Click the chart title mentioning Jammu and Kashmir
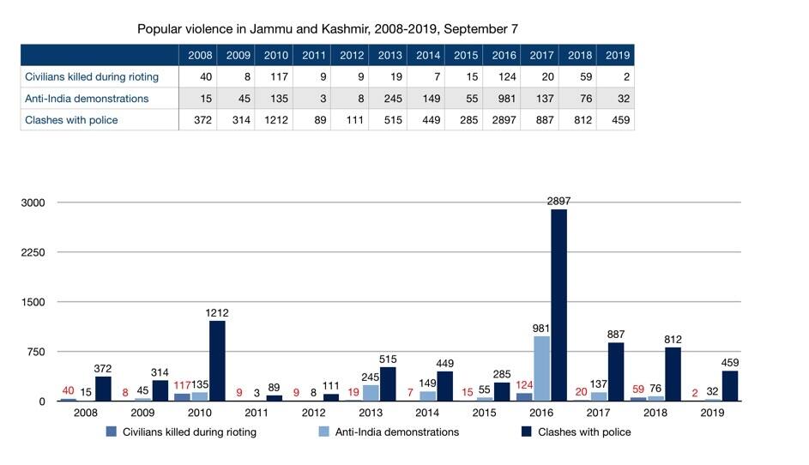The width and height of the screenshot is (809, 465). tap(327, 29)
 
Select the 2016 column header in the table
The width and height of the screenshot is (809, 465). tap(504, 55)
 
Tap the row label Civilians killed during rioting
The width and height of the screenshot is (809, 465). tap(92, 77)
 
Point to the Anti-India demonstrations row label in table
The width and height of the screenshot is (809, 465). tap(87, 99)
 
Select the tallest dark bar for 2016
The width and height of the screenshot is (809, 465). tap(558, 305)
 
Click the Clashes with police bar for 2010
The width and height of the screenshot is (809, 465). tap(217, 360)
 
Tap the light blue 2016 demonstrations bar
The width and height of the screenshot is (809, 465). tap(541, 369)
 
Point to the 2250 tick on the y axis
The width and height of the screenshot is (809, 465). tap(33, 253)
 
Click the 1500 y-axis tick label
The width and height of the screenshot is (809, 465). tap(33, 303)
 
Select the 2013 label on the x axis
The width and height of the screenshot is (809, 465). tap(371, 413)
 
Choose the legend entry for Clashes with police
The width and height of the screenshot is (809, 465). tap(577, 432)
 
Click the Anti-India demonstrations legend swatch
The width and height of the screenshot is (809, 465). tap(323, 432)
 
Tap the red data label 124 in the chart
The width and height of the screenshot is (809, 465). tap(524, 385)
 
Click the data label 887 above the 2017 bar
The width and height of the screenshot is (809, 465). tap(615, 335)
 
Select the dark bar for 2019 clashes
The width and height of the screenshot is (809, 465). tap(729, 386)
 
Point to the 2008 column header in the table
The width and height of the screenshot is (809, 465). tap(200, 55)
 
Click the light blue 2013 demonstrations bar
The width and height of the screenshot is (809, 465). tap(371, 393)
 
